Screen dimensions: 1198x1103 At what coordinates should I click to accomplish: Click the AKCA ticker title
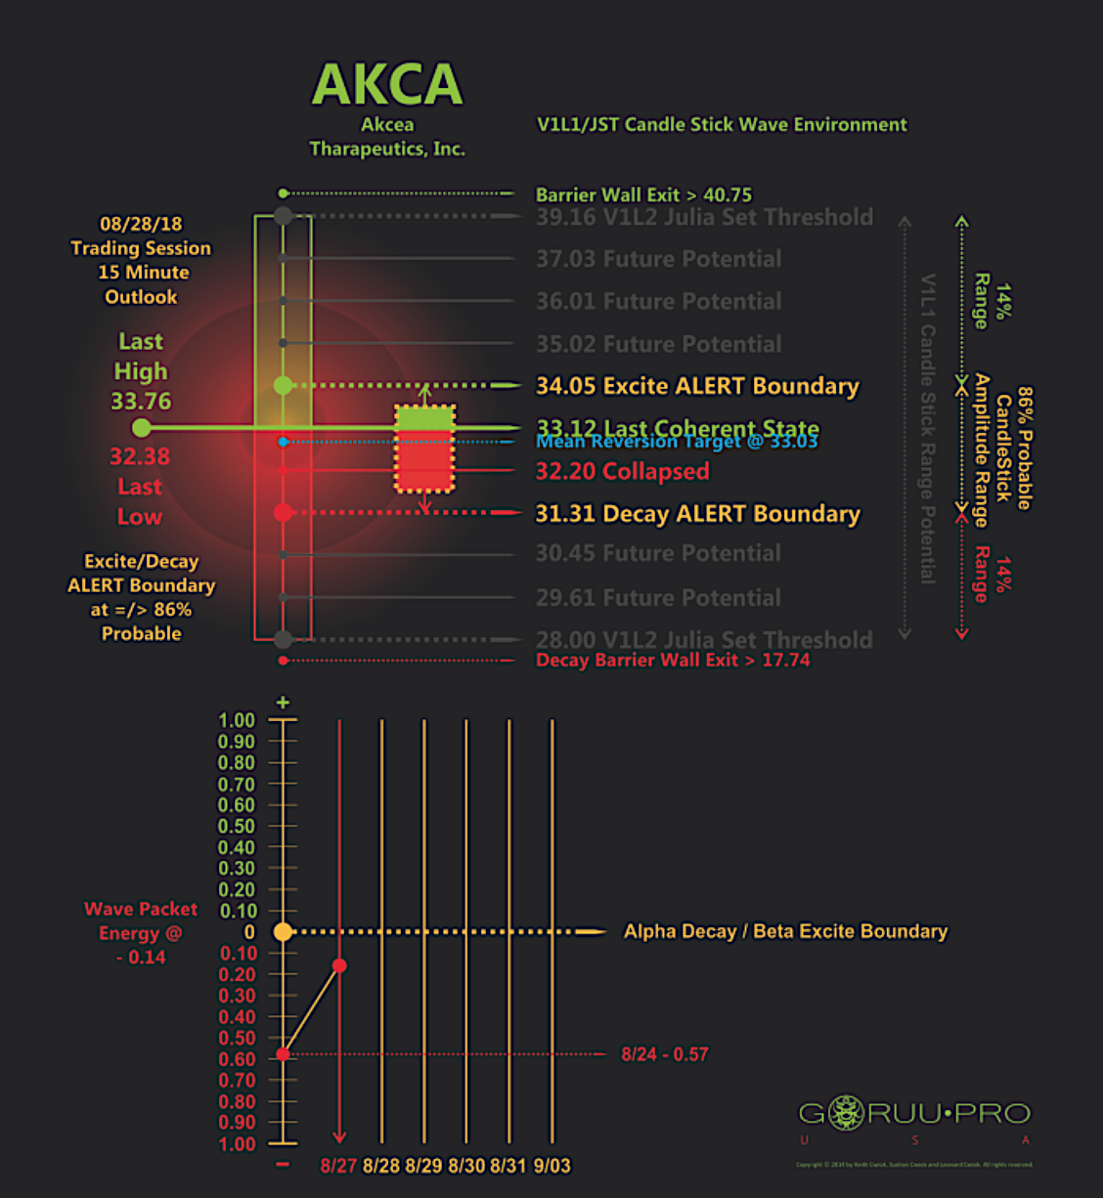coord(387,85)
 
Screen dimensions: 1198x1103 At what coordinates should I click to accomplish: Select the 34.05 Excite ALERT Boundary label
coord(696,386)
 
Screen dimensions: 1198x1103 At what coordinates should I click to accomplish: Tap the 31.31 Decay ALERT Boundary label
coord(697,514)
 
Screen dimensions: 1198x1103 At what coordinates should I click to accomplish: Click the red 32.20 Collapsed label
coord(622,472)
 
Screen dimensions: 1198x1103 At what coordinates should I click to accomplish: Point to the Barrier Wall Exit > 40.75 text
coord(643,194)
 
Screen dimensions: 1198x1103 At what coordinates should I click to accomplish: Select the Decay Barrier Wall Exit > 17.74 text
coord(673,661)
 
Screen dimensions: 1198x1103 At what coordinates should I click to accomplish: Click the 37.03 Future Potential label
coord(658,259)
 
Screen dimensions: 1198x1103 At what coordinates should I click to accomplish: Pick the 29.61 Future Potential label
coord(658,598)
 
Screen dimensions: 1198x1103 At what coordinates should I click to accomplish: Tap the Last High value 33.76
coord(141,402)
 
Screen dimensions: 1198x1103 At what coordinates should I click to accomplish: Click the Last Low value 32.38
coord(140,457)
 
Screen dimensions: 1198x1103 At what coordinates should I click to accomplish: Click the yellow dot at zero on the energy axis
coord(283,932)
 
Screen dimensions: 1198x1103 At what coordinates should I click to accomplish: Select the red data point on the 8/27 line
coord(339,965)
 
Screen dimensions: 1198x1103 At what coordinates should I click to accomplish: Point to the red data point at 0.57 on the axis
coord(283,1054)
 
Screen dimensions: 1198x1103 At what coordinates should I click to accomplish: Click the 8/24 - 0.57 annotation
coord(664,1054)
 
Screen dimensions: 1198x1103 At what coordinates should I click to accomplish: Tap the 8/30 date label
coord(466,1166)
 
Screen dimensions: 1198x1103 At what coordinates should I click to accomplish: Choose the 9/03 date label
coord(551,1166)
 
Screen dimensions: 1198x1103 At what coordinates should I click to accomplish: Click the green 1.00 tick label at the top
coord(236,721)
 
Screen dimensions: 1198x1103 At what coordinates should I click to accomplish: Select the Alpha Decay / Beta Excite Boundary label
coord(785,932)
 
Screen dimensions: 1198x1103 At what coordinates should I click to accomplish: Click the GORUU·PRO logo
coord(914,1113)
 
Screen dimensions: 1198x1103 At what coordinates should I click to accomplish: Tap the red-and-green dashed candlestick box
coord(424,449)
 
